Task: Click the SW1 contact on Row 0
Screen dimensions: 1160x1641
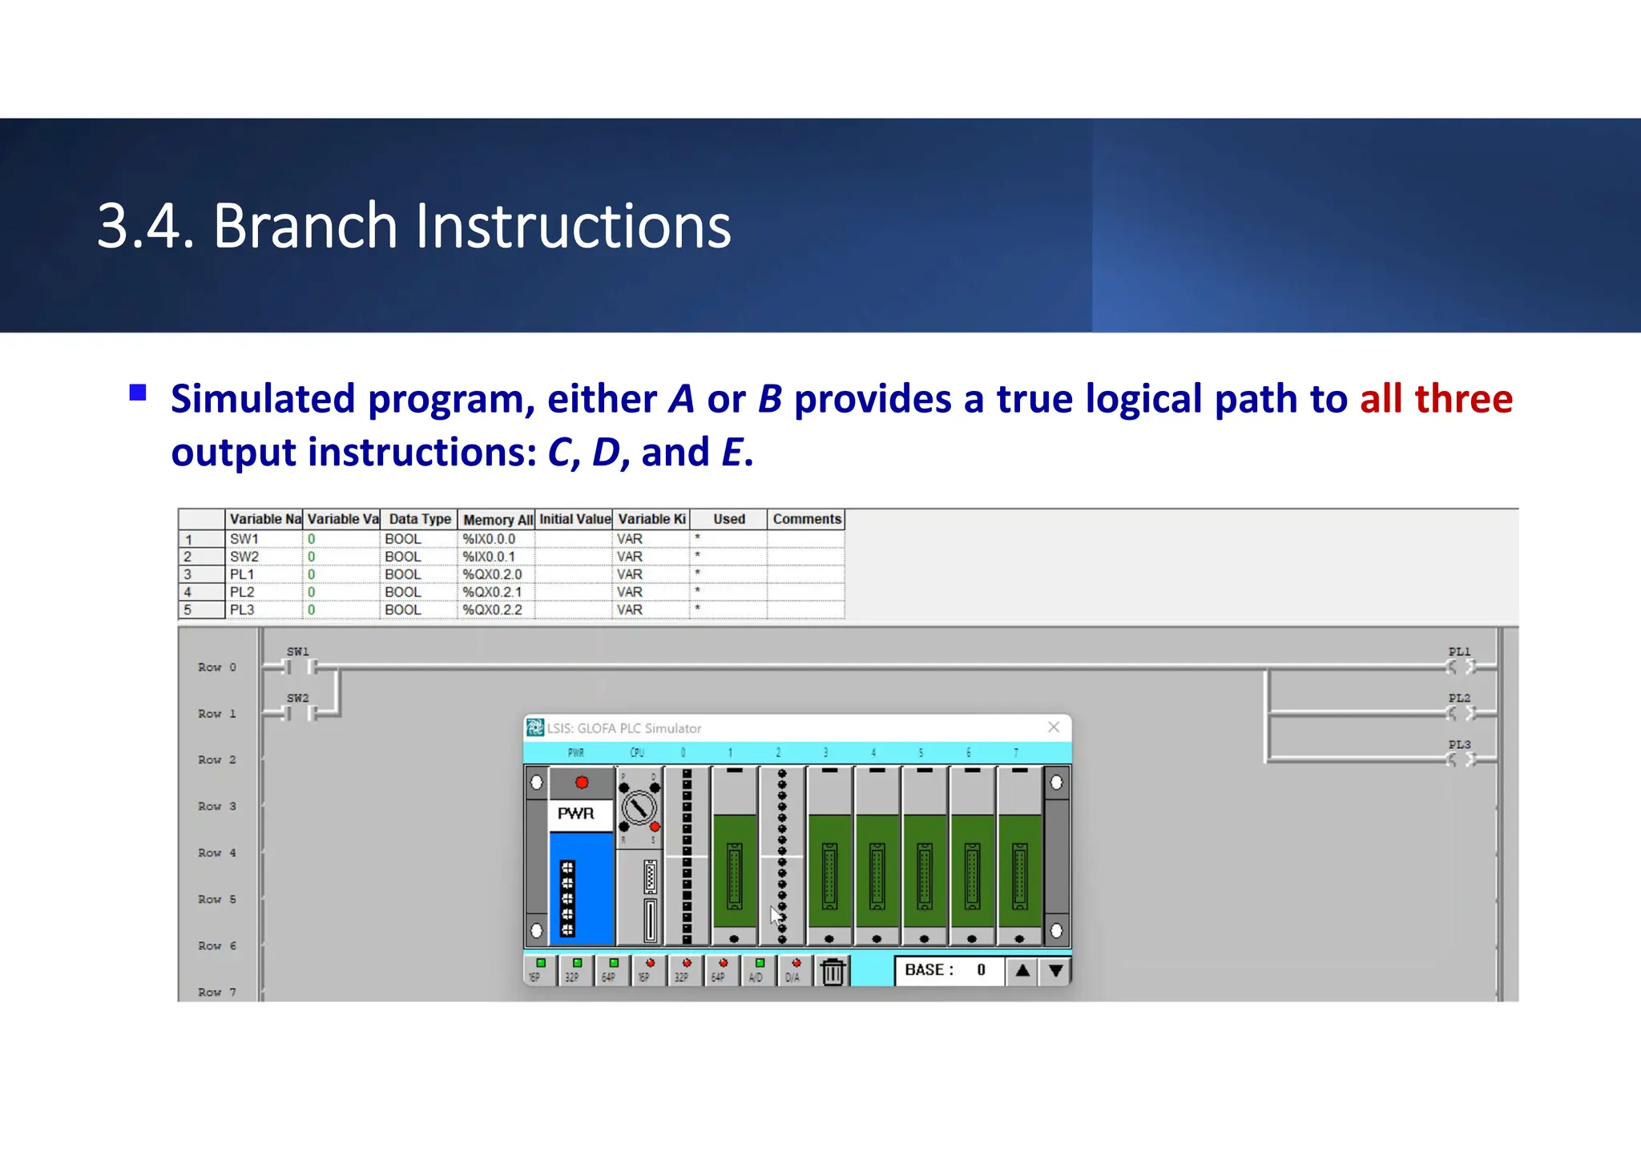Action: pyautogui.click(x=300, y=667)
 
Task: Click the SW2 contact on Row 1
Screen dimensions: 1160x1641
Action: pyautogui.click(x=300, y=713)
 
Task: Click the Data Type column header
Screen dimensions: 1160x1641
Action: pyautogui.click(x=419, y=519)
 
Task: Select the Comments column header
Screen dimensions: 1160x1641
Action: pyautogui.click(x=806, y=519)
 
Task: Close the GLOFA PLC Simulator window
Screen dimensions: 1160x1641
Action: pyautogui.click(x=1054, y=727)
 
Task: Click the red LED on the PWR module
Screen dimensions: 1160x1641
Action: pyautogui.click(x=582, y=783)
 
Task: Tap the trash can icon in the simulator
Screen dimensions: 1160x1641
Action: pyautogui.click(x=833, y=972)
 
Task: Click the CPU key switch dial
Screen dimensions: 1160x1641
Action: pyautogui.click(x=639, y=808)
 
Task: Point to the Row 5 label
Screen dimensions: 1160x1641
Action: pyautogui.click(x=217, y=900)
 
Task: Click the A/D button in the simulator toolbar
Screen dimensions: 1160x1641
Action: pyautogui.click(x=757, y=970)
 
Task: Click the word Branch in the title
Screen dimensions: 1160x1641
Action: pyautogui.click(x=304, y=227)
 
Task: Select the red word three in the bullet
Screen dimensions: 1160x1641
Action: pyautogui.click(x=1463, y=399)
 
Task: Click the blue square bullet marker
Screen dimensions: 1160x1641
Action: pyautogui.click(x=138, y=393)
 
